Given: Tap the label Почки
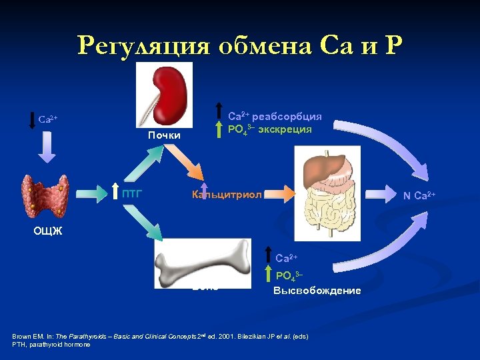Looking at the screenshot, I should tap(164, 135).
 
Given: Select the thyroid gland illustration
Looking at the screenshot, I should tap(45, 196).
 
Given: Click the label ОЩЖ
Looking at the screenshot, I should tap(47, 231).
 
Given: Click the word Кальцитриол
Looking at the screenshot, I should tap(227, 195).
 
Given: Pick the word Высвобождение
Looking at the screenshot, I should tap(317, 291).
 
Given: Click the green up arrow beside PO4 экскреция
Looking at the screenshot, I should tap(219, 129).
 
